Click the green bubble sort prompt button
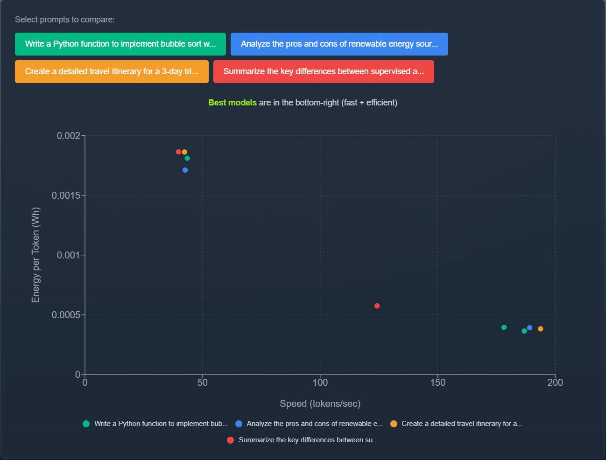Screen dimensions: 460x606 click(120, 44)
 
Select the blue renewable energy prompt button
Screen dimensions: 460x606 click(339, 44)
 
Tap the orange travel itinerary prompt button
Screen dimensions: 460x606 click(112, 71)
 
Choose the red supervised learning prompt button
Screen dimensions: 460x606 click(324, 71)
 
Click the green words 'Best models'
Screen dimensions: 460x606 click(232, 103)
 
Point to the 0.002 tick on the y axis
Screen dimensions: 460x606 click(68, 136)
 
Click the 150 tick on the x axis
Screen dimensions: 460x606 click(437, 383)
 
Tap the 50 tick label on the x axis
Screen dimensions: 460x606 click(202, 383)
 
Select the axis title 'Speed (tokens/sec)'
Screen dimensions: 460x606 click(320, 404)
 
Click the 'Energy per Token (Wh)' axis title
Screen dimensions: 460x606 click(35, 255)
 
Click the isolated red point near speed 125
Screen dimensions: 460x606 click(377, 306)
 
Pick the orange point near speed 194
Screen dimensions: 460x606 click(540, 329)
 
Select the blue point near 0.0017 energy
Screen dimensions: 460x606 click(185, 170)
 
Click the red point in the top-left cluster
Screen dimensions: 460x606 click(178, 152)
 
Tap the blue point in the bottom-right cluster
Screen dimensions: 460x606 click(529, 328)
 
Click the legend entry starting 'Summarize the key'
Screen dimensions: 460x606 click(308, 440)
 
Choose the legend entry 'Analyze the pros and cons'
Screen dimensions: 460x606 click(314, 424)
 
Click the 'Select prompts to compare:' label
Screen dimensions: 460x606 click(65, 20)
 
